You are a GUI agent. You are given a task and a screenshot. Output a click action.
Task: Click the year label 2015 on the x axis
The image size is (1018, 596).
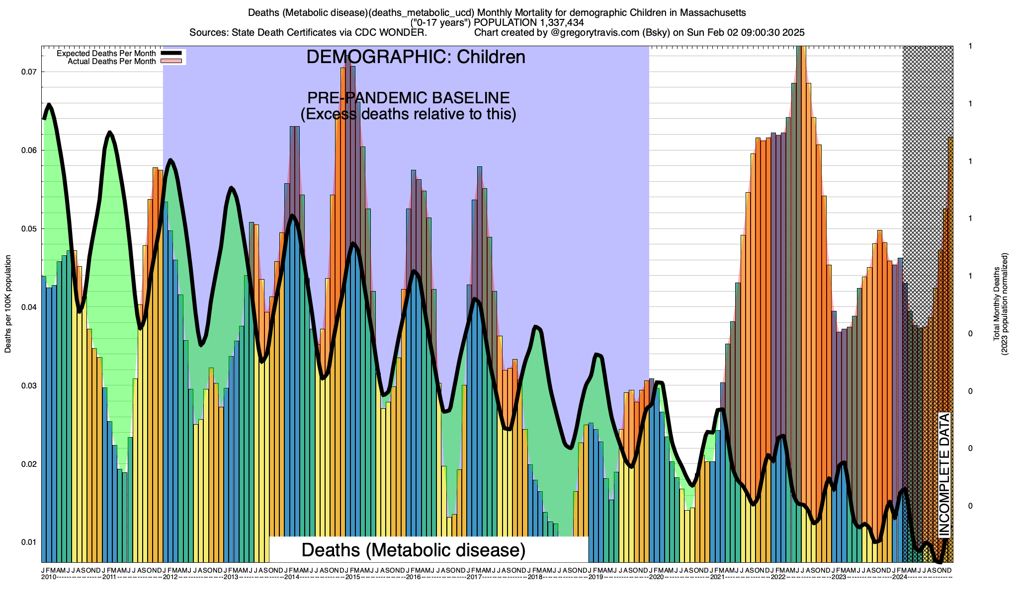coord(352,577)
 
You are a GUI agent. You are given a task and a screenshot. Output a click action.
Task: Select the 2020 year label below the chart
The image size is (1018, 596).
coord(656,577)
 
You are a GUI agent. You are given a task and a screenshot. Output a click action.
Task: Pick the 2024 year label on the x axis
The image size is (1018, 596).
coord(899,577)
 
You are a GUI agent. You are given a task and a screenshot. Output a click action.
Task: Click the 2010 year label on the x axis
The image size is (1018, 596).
coord(49,577)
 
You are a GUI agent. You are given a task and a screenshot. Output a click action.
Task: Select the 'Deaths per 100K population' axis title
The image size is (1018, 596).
coord(8,304)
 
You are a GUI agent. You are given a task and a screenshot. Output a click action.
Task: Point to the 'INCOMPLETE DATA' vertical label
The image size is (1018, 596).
coord(944,474)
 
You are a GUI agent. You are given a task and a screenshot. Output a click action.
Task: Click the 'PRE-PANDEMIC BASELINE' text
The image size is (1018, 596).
coord(408,97)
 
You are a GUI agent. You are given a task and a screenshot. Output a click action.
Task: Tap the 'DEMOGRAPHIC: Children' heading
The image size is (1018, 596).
coord(416,57)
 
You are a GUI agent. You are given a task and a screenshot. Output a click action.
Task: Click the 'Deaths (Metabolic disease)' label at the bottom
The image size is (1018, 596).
coord(414,550)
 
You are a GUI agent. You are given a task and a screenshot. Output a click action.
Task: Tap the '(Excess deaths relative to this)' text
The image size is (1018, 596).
coord(408,114)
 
